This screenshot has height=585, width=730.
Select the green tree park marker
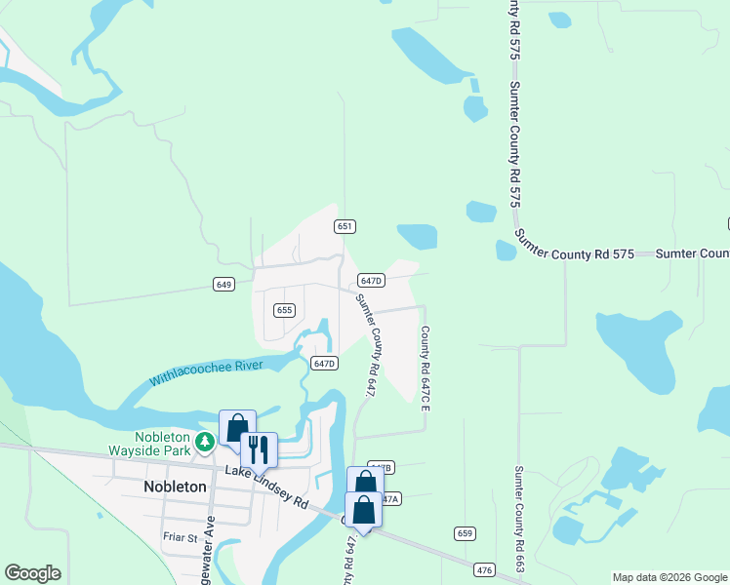(205, 443)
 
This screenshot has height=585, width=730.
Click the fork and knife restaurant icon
(259, 448)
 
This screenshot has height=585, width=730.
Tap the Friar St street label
(180, 536)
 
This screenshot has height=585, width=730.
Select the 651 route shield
(344, 226)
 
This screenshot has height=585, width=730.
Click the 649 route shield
(223, 285)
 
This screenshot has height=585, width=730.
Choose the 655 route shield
(284, 310)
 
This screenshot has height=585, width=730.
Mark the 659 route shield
(465, 533)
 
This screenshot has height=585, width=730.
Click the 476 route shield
(483, 569)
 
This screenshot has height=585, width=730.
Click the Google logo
(32, 573)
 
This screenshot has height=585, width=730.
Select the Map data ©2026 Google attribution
(669, 577)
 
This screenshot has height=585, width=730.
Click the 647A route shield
(389, 498)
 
